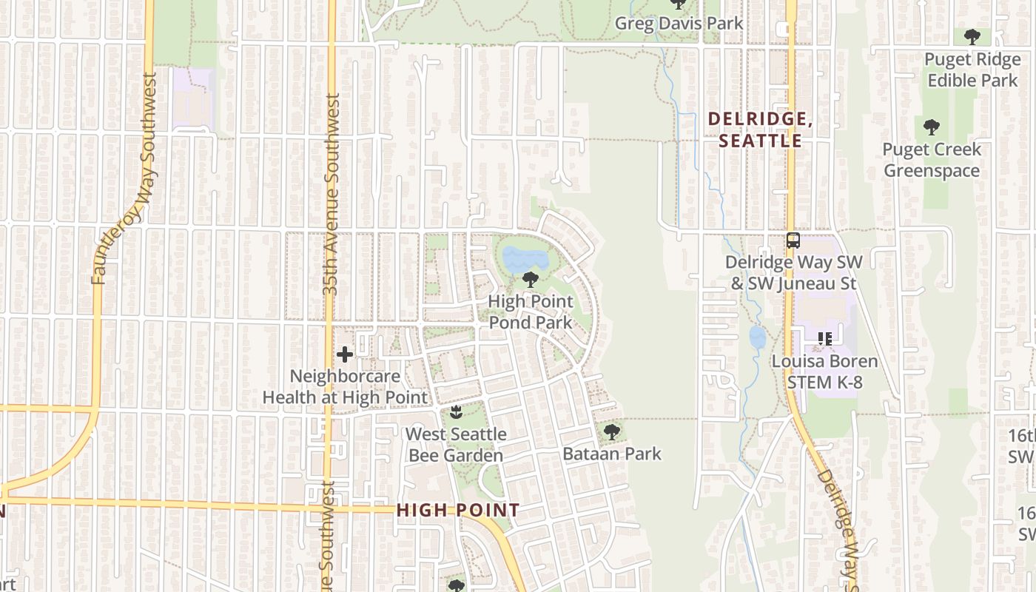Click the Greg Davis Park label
(x=679, y=24)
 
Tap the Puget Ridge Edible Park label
(x=972, y=70)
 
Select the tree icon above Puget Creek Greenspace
(x=931, y=127)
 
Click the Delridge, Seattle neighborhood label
(x=760, y=129)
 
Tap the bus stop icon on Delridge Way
(x=793, y=240)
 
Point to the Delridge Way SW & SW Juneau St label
(x=793, y=272)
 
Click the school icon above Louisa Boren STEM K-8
(x=824, y=340)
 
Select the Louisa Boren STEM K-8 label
(x=824, y=371)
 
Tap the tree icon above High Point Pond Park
(x=530, y=280)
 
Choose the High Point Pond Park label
(x=530, y=312)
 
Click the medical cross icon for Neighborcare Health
(x=344, y=354)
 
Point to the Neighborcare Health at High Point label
(x=345, y=386)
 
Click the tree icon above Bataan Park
(x=611, y=431)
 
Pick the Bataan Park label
(x=612, y=453)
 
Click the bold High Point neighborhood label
(x=458, y=510)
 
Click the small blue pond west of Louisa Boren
(x=757, y=337)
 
